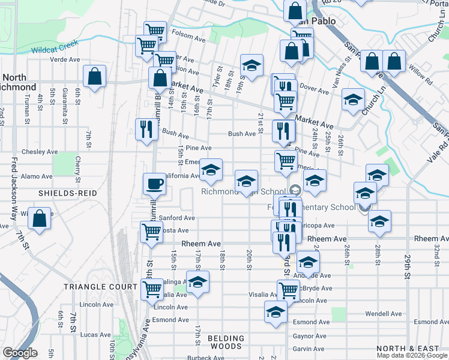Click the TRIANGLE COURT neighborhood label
[101, 287]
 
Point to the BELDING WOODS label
[226, 342]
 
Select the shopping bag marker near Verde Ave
[95, 76]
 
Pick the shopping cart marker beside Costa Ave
[151, 232]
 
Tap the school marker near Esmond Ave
[276, 312]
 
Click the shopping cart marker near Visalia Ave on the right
[289, 290]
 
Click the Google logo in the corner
[20, 353]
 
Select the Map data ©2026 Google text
[412, 355]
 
